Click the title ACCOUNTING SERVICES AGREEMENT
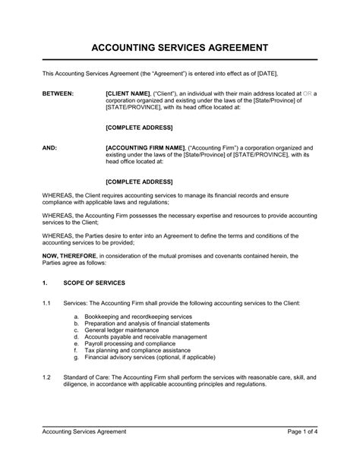click(179, 48)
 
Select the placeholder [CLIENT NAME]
click(131, 93)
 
